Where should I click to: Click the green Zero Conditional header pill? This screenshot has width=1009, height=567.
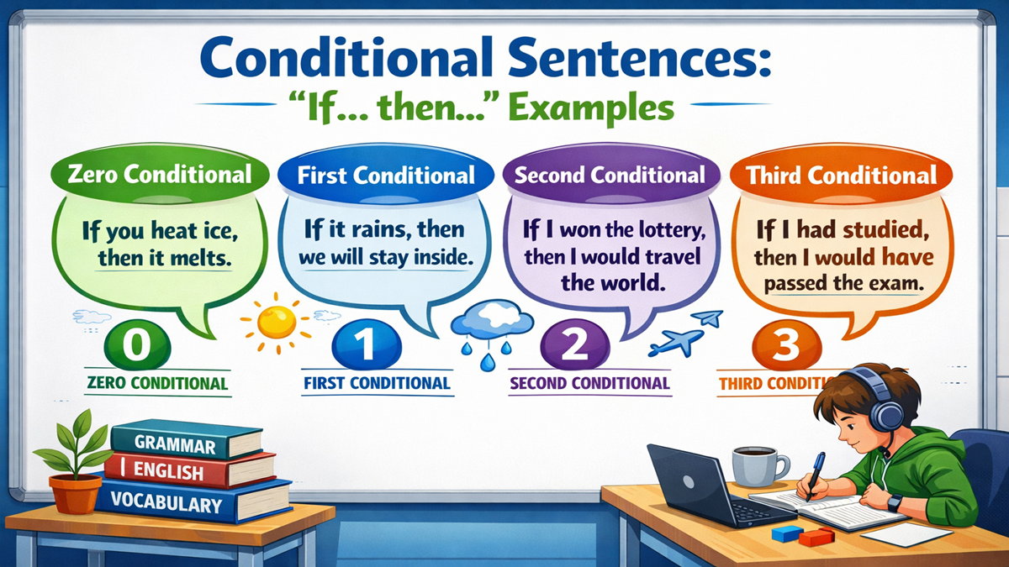coord(157,175)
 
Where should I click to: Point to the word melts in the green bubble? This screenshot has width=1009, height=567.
coord(199,258)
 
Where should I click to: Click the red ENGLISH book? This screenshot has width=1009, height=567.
coord(193,469)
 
